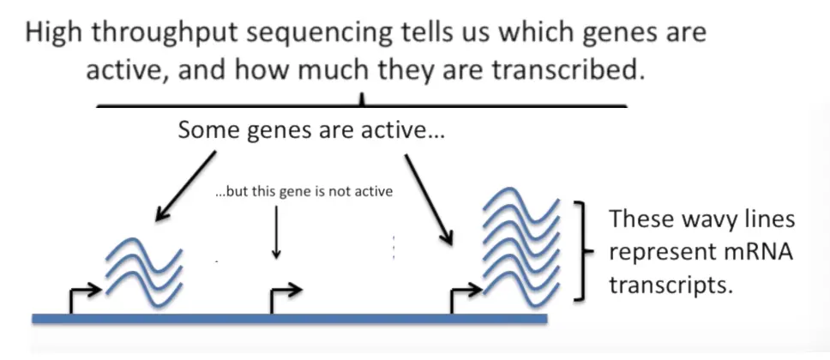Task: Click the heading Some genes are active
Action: click(x=310, y=129)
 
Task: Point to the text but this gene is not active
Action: click(x=304, y=191)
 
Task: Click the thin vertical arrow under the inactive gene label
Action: click(x=276, y=232)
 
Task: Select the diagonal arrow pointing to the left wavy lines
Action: click(x=186, y=185)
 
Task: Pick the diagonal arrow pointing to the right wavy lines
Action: click(x=429, y=200)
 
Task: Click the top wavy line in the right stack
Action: click(x=520, y=205)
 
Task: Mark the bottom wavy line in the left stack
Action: click(x=144, y=289)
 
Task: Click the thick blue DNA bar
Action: click(x=290, y=319)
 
